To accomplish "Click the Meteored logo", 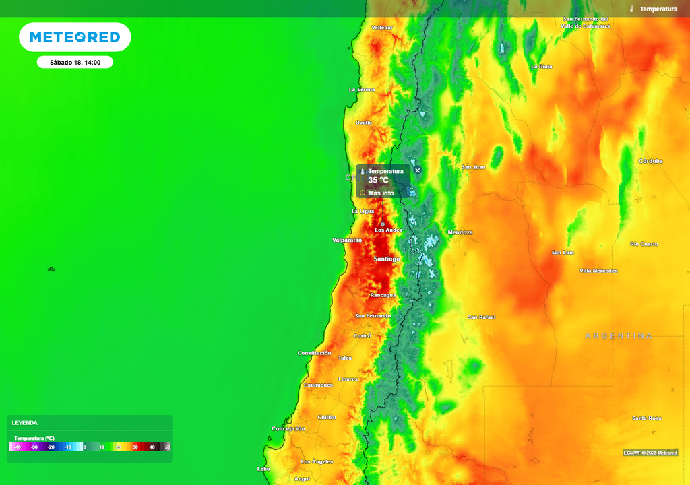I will coord(75,37).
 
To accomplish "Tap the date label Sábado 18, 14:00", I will coord(75,62).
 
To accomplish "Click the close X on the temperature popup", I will coord(417,170).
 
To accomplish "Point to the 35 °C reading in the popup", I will coord(378,181).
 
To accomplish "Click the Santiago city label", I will coord(387,259).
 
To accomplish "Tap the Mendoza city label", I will coord(460,232).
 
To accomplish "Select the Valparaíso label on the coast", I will coord(347,240).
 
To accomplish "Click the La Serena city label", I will coord(362,90).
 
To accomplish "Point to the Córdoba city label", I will coord(650,161).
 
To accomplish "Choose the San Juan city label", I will coord(474,166).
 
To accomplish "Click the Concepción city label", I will coord(288,428).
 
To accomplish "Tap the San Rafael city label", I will coord(482,317).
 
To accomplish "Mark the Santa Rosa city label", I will coord(647,418).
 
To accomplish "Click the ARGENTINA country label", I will coord(619,335).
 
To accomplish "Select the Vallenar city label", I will coord(382,27).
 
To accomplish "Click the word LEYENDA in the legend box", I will coord(25,423).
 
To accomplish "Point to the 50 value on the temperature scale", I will coord(168,447).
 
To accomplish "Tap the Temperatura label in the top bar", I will coord(658,9).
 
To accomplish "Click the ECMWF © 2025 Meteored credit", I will coord(650,453).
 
